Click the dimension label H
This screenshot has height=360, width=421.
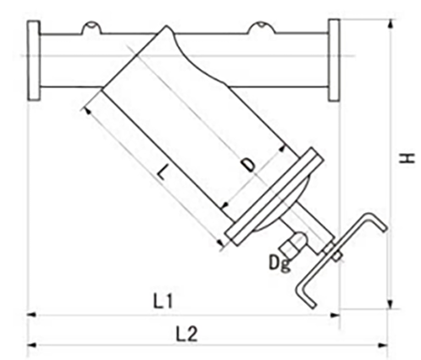407,158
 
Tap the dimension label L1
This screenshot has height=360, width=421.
163,301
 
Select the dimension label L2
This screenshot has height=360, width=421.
187,334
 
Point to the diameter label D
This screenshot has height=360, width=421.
249,165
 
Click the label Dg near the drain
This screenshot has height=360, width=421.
280,264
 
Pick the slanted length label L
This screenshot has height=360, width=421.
162,171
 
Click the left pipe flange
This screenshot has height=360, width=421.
34,61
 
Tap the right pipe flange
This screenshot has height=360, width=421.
334,60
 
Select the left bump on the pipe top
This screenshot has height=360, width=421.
92,27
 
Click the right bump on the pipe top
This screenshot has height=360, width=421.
261,27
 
